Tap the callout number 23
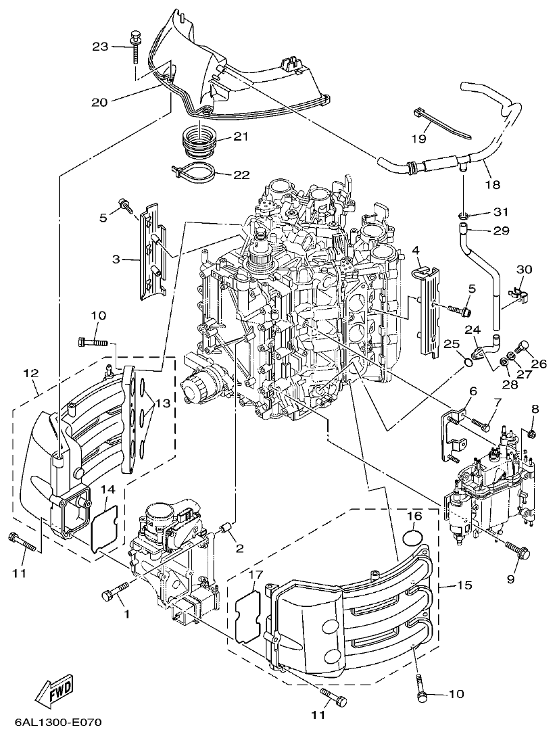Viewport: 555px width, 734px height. click(x=100, y=46)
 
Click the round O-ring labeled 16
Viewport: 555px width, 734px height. click(x=413, y=538)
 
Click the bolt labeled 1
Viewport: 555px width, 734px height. click(x=113, y=593)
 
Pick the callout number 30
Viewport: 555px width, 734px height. click(x=524, y=269)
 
